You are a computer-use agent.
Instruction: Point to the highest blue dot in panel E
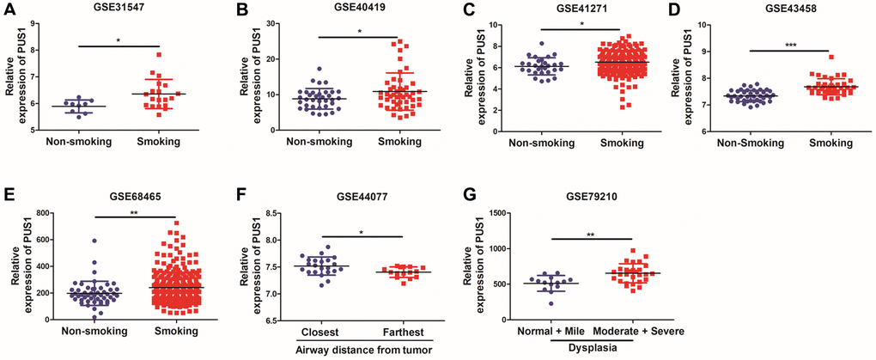pyautogui.click(x=95, y=242)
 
